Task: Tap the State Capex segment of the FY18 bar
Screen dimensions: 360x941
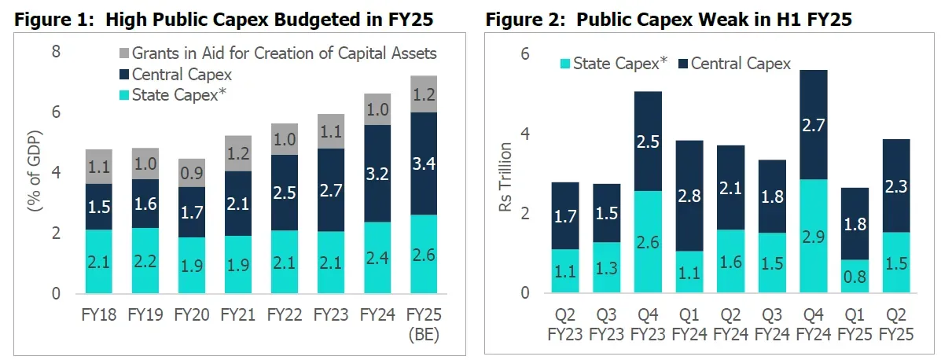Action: point(98,261)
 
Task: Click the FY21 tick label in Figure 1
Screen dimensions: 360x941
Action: point(237,315)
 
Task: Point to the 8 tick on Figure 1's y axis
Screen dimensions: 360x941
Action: point(56,53)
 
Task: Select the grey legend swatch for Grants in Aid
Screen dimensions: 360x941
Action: point(122,54)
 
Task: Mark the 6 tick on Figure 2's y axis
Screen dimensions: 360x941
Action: point(525,53)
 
